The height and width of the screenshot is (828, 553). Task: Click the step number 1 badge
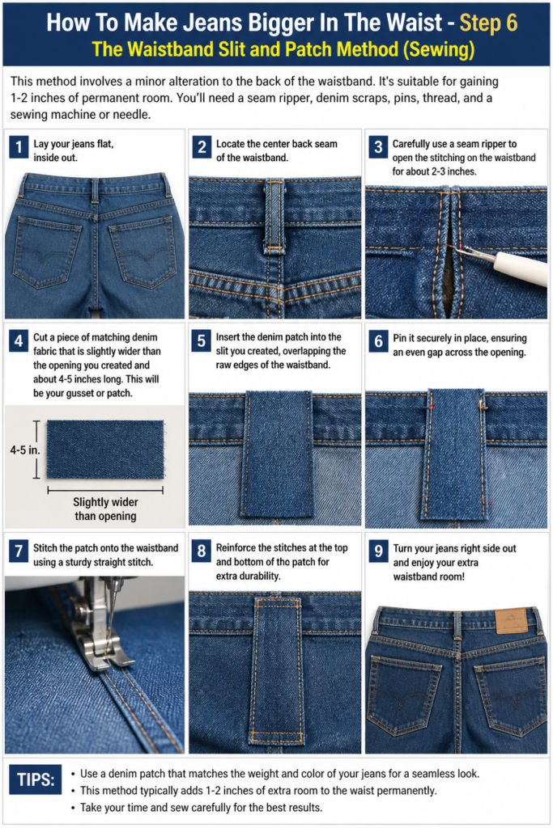(19, 147)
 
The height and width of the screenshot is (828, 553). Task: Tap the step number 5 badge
(201, 340)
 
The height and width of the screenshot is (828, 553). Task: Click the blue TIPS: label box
(36, 779)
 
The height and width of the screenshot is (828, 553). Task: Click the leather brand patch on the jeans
(511, 621)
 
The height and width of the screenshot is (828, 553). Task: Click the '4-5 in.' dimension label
(25, 450)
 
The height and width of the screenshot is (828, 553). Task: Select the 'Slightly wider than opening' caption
(105, 509)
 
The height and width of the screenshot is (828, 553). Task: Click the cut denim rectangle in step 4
(104, 450)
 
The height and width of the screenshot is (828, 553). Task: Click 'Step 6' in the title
(488, 23)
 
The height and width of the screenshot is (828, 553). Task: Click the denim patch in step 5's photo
(278, 454)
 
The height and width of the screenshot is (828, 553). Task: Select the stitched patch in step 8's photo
(277, 670)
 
